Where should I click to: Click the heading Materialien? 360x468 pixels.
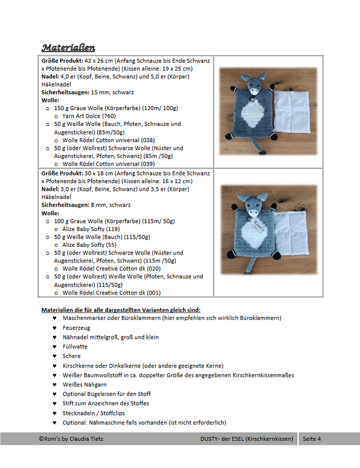[68, 47]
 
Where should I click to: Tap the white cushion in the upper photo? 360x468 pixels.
[296, 112]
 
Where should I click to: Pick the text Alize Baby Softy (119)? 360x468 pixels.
[91, 229]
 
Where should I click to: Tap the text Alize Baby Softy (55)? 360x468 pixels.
[89, 245]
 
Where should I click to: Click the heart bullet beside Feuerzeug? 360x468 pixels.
[54, 328]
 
